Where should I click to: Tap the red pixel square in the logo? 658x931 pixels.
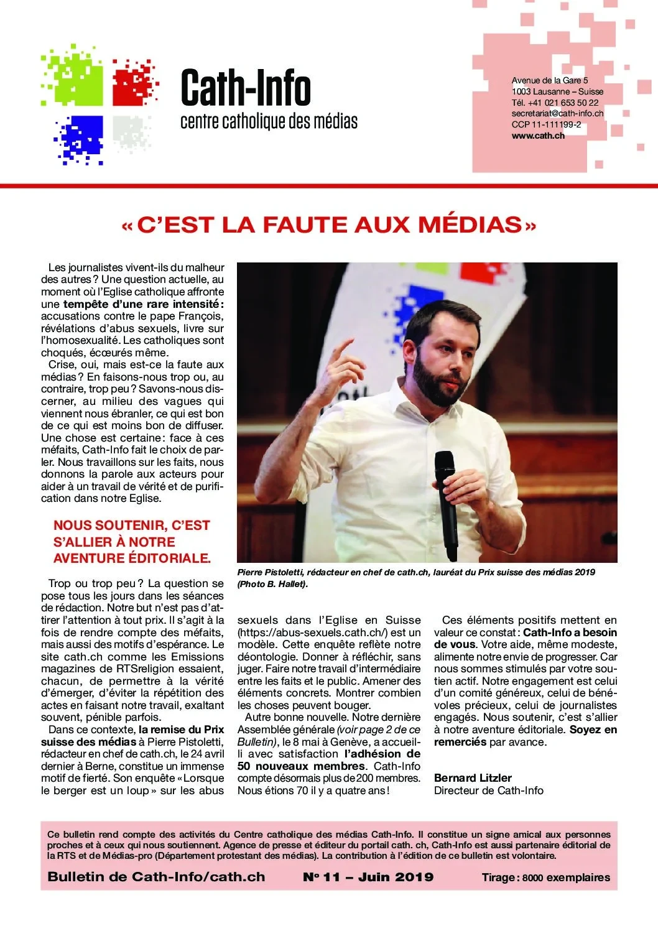coord(133,84)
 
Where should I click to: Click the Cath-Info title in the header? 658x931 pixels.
coord(246,88)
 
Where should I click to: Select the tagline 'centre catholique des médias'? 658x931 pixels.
coord(269,121)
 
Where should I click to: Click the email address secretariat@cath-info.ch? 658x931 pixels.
coord(557,113)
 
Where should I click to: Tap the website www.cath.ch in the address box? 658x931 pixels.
coord(538,136)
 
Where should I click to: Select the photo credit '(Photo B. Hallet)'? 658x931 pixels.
coord(272,584)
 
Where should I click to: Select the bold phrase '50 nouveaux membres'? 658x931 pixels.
coord(302,766)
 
